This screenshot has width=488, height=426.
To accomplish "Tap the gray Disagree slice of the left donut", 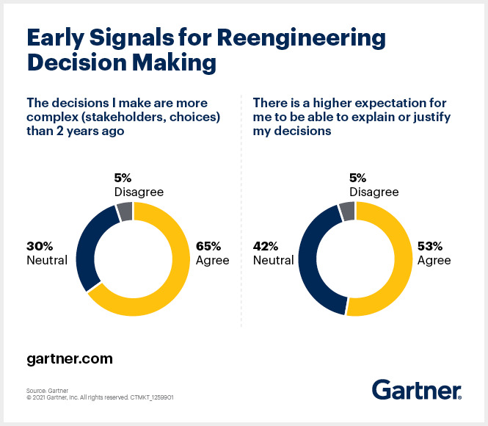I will click(x=125, y=212).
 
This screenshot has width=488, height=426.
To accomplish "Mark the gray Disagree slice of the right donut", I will click(x=346, y=212).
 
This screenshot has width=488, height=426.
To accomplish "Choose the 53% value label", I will click(x=431, y=247).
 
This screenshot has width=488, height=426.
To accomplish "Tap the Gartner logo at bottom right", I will click(x=417, y=389).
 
